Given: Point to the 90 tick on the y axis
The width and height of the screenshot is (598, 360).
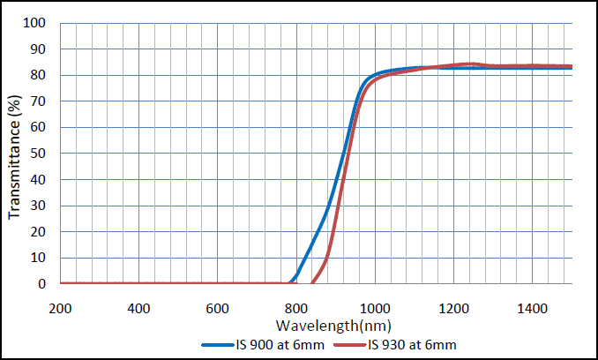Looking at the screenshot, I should tap(41, 49).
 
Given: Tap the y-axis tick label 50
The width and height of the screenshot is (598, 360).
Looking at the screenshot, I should tap(41, 154).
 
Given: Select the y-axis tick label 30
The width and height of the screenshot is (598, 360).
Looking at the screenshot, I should tap(41, 206).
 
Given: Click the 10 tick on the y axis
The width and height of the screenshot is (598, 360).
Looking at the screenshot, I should tap(41, 258).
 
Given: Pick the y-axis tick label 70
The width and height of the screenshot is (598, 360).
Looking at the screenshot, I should tap(41, 101).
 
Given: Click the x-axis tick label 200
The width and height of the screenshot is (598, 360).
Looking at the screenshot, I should tap(60, 308).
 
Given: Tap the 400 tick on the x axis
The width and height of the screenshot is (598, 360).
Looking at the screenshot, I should tap(138, 308).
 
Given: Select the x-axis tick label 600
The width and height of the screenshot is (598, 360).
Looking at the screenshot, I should tap(217, 308).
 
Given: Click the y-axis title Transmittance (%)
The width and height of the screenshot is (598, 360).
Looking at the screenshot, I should tap(15, 154).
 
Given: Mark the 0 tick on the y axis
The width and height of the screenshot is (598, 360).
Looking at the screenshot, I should tap(44, 284).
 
